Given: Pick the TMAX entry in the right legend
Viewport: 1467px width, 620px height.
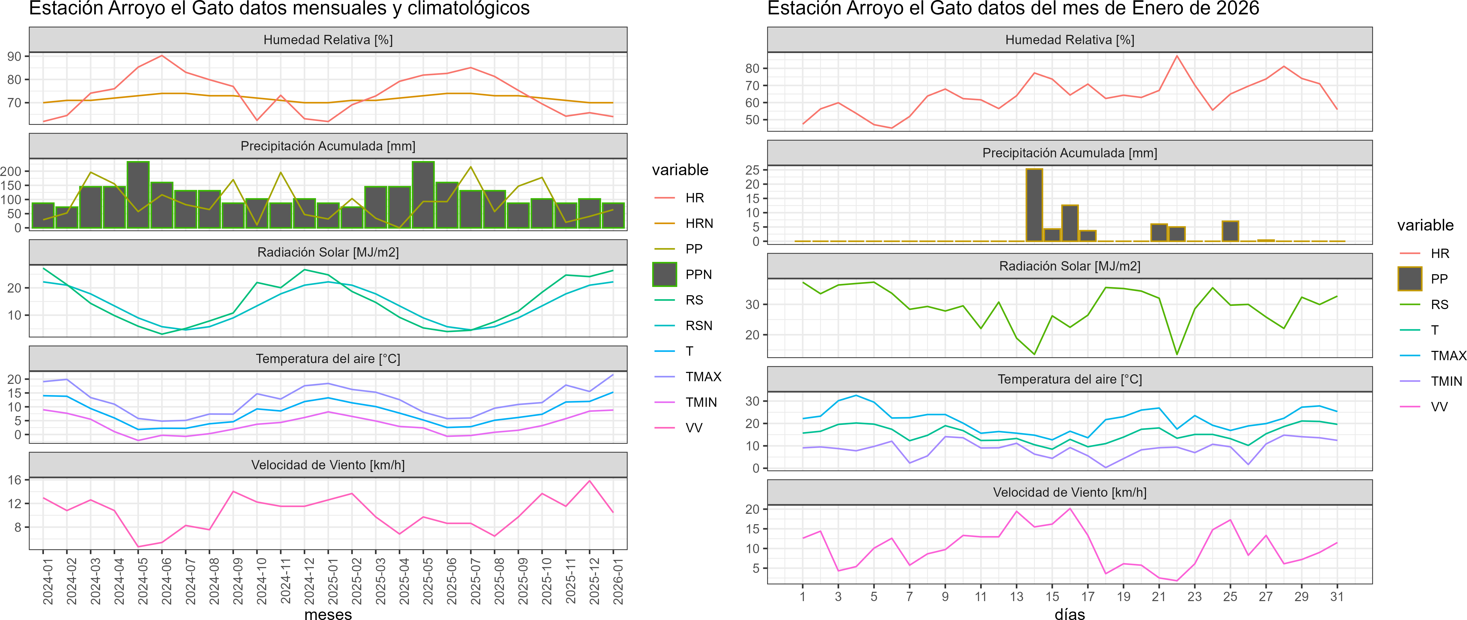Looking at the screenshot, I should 1448,356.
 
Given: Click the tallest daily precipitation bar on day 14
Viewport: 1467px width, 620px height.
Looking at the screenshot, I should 1034,205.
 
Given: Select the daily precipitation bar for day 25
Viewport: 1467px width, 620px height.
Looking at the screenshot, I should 1230,231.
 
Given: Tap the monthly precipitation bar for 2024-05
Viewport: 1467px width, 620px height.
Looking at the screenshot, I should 138,195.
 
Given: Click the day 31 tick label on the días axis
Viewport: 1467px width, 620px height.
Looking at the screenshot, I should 1337,597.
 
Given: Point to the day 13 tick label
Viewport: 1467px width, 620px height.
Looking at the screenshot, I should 1017,597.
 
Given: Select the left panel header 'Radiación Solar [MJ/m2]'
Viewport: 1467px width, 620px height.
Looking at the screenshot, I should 328,252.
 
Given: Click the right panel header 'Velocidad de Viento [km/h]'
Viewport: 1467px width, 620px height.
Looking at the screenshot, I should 1070,492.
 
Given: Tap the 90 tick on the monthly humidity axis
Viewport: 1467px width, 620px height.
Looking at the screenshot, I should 14,56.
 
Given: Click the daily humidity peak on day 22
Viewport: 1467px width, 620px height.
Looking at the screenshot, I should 1177,56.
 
